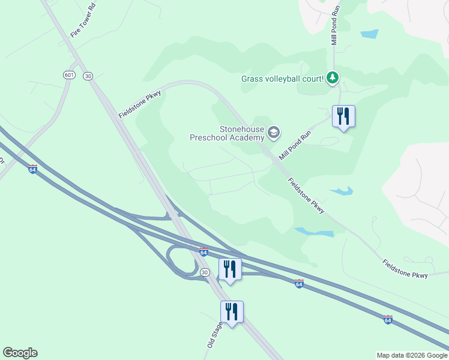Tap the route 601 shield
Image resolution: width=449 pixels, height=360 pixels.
tap(69, 74)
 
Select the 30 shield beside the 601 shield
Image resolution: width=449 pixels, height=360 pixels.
tap(88, 76)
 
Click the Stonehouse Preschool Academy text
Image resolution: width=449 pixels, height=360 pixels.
tap(226, 133)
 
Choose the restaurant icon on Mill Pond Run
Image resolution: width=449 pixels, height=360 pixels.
tap(343, 116)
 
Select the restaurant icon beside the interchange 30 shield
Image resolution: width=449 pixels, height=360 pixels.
tap(230, 269)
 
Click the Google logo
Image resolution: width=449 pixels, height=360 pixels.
tap(20, 353)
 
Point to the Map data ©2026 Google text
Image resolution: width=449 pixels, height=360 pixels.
tap(411, 355)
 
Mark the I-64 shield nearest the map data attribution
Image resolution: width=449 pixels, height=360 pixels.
tap(388, 320)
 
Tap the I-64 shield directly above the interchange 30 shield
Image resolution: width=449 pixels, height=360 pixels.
tap(203, 252)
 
